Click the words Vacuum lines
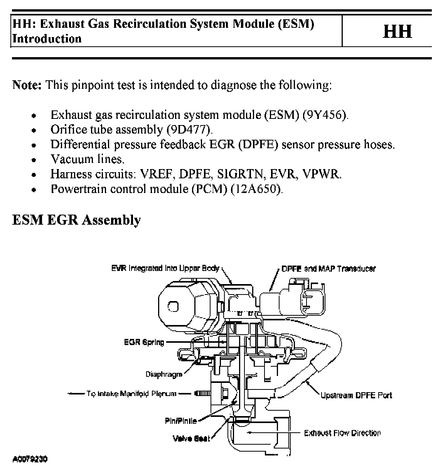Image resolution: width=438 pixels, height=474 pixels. click(88, 159)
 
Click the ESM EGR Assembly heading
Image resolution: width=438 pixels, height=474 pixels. click(76, 220)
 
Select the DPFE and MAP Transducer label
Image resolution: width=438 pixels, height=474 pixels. click(328, 269)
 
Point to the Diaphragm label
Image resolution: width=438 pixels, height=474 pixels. click(163, 374)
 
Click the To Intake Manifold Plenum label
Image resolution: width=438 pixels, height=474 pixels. click(131, 394)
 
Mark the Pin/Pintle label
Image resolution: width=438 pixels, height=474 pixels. click(181, 421)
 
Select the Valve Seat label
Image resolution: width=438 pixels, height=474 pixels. click(192, 438)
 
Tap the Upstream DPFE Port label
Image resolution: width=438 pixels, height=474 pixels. click(356, 395)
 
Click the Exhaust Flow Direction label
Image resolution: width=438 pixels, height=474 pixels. click(342, 433)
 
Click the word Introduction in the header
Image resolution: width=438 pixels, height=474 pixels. click(47, 39)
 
